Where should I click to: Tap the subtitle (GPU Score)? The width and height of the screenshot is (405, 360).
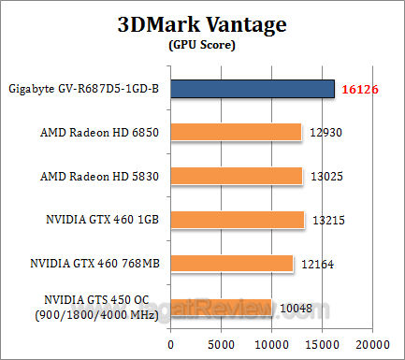tap(203, 44)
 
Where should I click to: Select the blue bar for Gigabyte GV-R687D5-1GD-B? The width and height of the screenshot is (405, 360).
tap(253, 88)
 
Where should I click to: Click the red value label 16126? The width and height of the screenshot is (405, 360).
tap(360, 89)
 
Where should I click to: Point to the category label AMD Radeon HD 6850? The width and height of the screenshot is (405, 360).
tap(101, 133)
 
